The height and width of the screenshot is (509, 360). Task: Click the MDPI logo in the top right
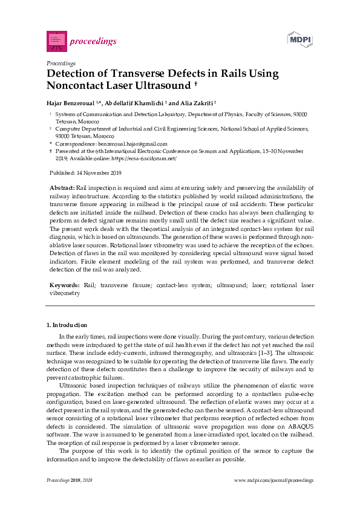point(299,40)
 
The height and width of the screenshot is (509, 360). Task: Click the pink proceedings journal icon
point(56,41)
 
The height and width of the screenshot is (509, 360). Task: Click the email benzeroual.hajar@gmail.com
point(120,143)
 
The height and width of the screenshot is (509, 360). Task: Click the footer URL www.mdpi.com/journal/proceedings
point(273,480)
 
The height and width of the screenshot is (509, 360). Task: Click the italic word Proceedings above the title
point(61,63)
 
